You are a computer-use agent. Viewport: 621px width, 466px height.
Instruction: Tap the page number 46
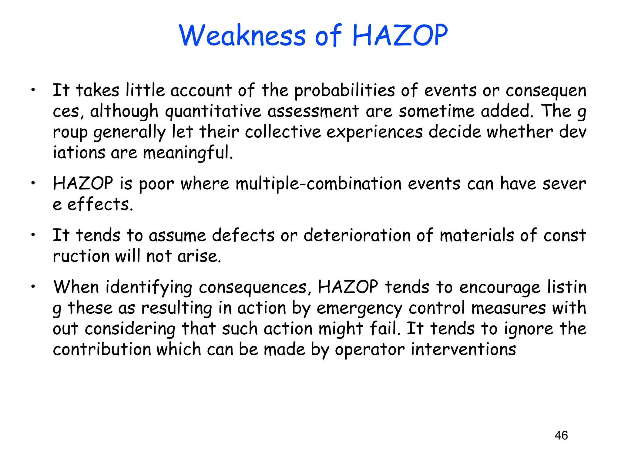click(561, 435)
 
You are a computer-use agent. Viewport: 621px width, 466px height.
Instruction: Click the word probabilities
click(345, 91)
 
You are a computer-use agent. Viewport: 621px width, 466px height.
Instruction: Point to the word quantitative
click(213, 111)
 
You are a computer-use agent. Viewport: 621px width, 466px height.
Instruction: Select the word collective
click(283, 132)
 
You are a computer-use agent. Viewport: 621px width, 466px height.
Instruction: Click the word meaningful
click(188, 153)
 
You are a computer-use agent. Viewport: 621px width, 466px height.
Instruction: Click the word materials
click(477, 235)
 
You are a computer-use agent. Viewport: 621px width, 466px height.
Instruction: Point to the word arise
click(199, 256)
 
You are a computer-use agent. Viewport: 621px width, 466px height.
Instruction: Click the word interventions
click(463, 349)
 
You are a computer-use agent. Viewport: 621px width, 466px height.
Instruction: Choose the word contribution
click(102, 349)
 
